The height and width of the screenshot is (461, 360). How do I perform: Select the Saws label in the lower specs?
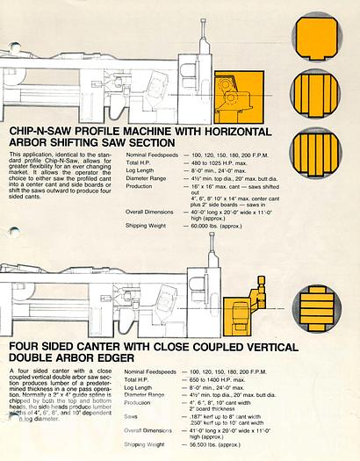coord(133,416)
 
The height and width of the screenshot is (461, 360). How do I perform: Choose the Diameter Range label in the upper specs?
coord(146,177)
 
